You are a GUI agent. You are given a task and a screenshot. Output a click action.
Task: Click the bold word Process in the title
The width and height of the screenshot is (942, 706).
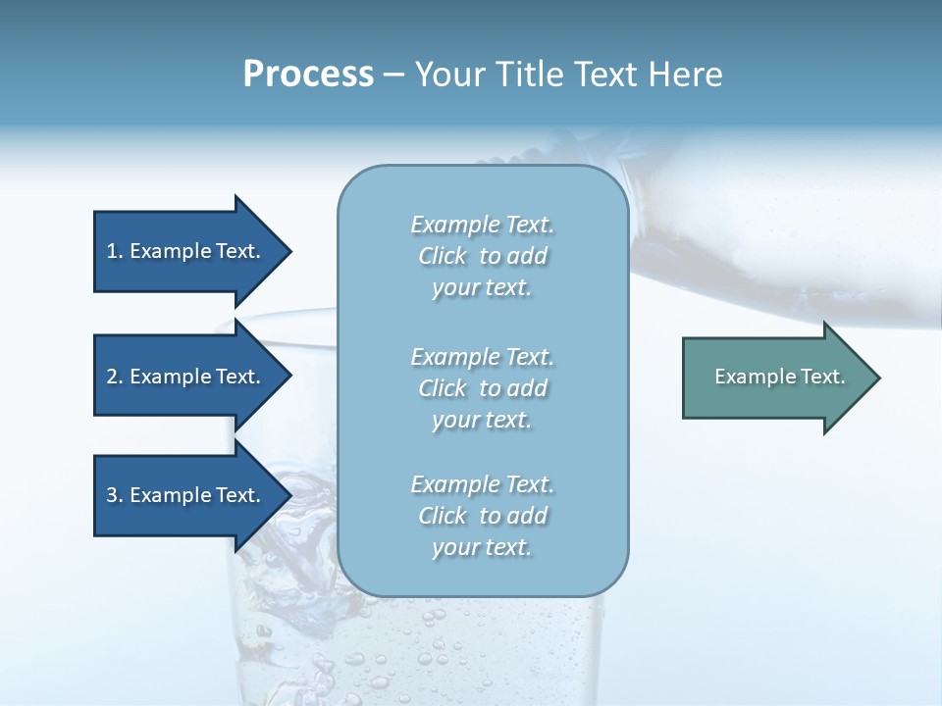[308, 75]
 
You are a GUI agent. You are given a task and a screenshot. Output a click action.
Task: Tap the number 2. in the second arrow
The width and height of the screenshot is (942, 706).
[115, 377]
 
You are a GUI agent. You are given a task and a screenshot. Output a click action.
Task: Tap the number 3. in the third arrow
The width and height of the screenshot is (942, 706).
[115, 495]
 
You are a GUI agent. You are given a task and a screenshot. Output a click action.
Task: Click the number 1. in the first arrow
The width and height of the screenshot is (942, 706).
[115, 251]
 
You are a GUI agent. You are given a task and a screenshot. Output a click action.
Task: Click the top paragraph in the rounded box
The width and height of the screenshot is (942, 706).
[482, 256]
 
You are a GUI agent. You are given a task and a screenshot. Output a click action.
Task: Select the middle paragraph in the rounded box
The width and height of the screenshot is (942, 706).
[482, 387]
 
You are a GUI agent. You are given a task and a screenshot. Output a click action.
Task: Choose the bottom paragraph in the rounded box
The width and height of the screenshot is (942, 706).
[482, 516]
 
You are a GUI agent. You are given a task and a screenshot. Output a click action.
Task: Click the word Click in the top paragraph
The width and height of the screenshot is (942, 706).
[443, 256]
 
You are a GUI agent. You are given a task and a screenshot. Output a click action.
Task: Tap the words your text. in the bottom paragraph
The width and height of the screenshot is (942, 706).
[482, 547]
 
